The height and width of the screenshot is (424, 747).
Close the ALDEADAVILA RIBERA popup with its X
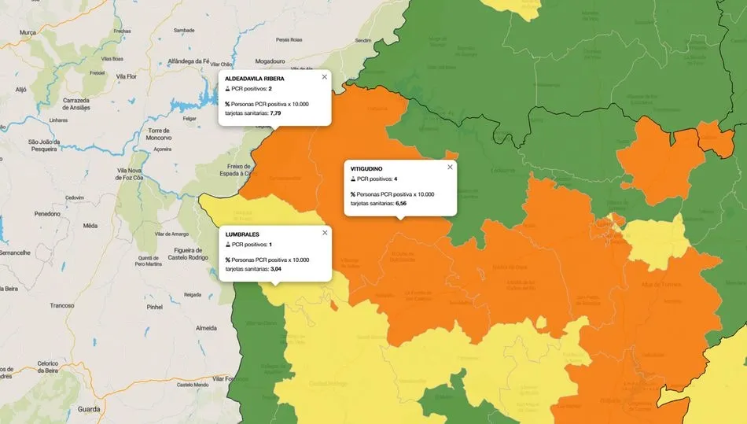click(324, 77)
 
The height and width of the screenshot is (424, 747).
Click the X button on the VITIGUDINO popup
click(450, 167)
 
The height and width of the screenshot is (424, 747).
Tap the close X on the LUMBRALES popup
click(324, 233)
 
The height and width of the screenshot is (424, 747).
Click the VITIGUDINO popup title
click(366, 169)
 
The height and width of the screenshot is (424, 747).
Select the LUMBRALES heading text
click(242, 234)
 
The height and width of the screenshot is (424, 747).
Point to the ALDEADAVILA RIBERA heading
click(255, 79)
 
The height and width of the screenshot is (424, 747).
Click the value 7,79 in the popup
click(275, 113)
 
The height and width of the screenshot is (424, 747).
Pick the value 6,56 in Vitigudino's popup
click(401, 203)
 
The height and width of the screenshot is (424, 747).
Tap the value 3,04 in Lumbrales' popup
click(276, 269)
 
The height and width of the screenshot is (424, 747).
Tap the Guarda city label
click(89, 409)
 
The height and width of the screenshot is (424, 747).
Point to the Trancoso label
click(61, 305)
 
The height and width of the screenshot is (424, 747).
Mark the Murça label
click(28, 32)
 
